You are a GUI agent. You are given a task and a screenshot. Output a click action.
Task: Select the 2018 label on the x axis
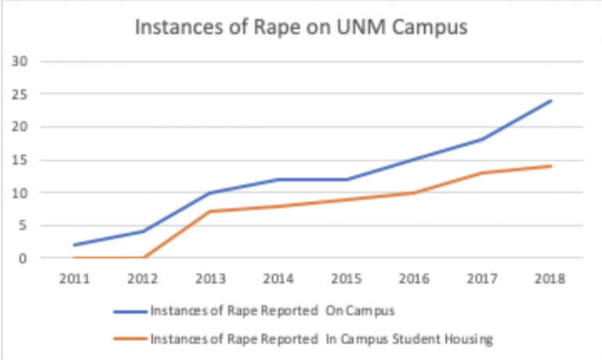coord(551,278)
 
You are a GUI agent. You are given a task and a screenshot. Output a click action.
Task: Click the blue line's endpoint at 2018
coord(551,100)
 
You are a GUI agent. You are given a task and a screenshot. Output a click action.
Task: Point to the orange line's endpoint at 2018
coord(551,165)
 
